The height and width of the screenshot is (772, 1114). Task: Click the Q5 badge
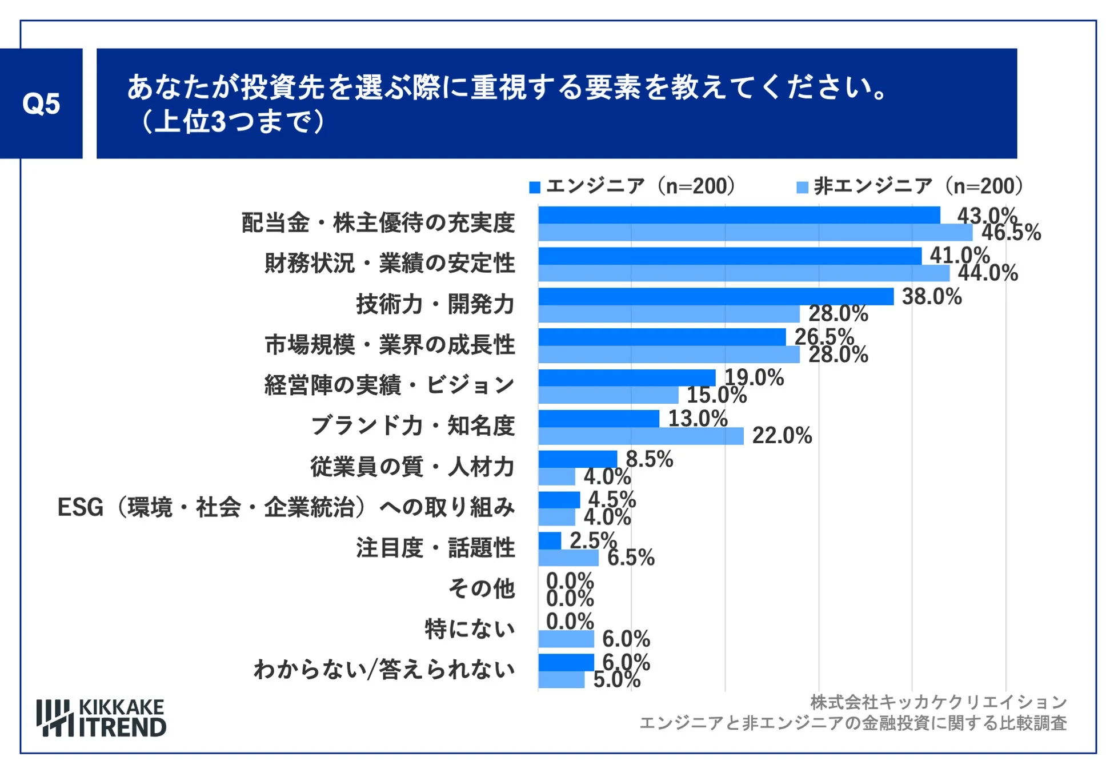click(x=41, y=104)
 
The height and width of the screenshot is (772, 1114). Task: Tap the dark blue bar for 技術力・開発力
click(x=715, y=296)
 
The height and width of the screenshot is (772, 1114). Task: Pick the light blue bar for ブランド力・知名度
click(x=640, y=436)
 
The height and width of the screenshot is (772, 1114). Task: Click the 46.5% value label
click(x=1011, y=233)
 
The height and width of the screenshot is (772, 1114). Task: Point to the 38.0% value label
click(x=931, y=296)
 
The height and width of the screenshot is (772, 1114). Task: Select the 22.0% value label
click(x=782, y=436)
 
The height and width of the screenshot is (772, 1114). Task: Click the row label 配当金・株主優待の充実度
click(x=378, y=222)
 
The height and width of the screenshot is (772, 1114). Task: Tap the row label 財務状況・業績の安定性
click(x=390, y=263)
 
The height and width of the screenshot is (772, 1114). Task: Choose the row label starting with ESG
click(x=286, y=507)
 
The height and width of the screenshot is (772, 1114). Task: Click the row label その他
click(x=481, y=588)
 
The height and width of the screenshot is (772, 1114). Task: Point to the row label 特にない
click(x=469, y=629)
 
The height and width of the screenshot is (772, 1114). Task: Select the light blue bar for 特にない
click(x=566, y=639)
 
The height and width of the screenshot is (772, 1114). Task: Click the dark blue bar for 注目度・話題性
click(x=550, y=540)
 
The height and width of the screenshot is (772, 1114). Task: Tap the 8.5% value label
click(x=649, y=459)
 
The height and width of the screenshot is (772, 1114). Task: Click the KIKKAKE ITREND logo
click(x=101, y=718)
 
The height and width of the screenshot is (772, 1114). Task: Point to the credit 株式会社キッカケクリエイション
click(x=938, y=702)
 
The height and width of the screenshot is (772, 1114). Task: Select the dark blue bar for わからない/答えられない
click(x=566, y=662)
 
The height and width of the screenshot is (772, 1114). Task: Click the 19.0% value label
click(x=754, y=377)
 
